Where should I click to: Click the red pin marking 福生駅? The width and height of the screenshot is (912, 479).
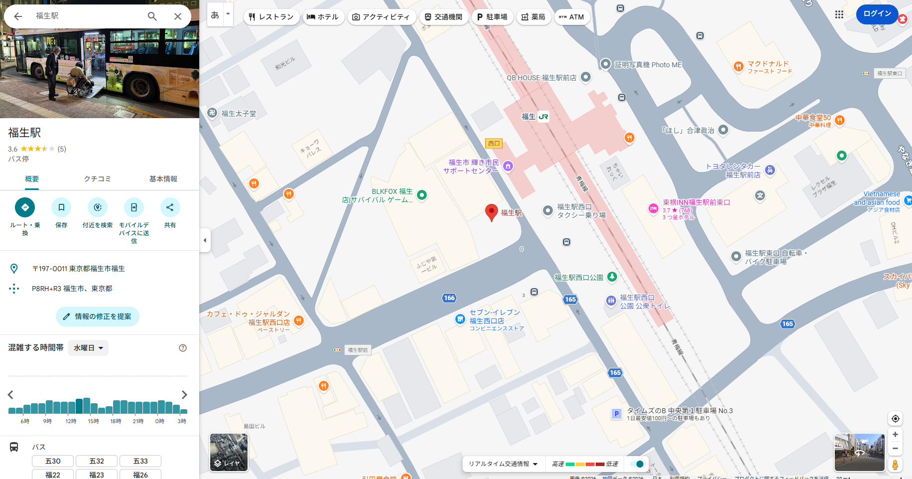click(x=492, y=212)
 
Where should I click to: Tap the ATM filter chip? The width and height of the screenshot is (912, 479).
click(x=571, y=17)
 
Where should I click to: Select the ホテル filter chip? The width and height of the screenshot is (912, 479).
click(x=323, y=17)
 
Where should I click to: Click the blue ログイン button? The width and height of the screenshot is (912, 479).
click(x=877, y=14)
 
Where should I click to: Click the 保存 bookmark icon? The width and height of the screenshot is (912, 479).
click(x=61, y=207)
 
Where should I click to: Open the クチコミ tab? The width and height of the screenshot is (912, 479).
click(x=97, y=179)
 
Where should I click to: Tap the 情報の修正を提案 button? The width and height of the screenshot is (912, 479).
click(x=97, y=317)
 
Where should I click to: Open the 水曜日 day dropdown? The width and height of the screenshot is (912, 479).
click(x=88, y=348)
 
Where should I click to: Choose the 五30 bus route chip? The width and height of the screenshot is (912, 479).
click(x=53, y=461)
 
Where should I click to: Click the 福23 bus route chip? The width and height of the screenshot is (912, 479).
click(x=97, y=475)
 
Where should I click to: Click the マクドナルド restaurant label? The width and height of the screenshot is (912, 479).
click(x=768, y=64)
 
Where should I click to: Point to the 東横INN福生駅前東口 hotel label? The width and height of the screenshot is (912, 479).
click(x=696, y=202)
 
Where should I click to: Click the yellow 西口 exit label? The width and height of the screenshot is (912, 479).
click(x=494, y=144)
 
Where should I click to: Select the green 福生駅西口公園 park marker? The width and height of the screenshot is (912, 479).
click(x=612, y=277)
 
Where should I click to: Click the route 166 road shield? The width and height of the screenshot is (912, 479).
click(x=449, y=298)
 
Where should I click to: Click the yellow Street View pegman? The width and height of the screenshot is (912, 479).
click(x=895, y=465)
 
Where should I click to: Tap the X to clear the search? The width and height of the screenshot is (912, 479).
click(x=178, y=16)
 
